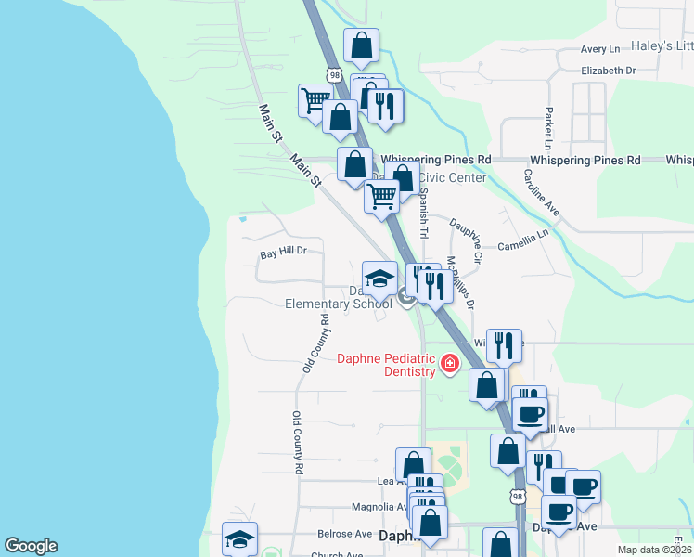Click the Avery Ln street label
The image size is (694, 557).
(600, 49)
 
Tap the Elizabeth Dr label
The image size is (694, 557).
(608, 71)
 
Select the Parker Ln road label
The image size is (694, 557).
(549, 128)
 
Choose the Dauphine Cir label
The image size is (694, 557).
(466, 239)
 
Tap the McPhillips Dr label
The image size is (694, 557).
(460, 282)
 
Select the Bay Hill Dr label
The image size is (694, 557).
(283, 252)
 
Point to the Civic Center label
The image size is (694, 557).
(453, 177)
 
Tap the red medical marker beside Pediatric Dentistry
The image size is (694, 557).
(450, 362)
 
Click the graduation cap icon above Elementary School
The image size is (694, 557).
(379, 278)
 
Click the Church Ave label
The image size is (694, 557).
(336, 554)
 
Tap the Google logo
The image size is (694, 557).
(31, 546)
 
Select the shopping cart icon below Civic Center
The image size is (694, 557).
(381, 197)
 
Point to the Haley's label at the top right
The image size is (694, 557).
(662, 46)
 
